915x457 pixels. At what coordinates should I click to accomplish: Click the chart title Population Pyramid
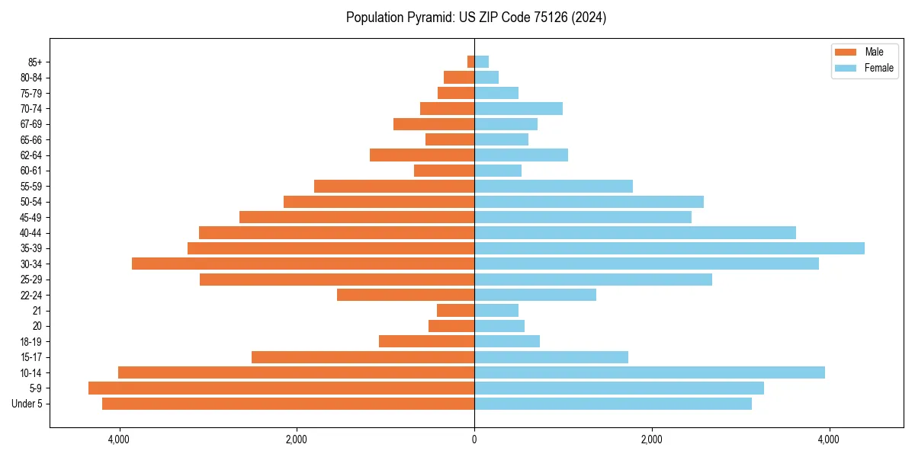coord(476,18)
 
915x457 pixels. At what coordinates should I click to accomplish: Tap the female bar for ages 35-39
coord(669,248)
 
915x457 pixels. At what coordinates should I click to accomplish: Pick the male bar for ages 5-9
coord(281,388)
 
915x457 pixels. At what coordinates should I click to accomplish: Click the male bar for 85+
coord(470,62)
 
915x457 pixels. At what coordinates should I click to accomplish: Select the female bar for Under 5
coord(612,404)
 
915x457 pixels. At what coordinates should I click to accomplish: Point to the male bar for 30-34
coord(303,264)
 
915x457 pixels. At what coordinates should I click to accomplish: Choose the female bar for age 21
coord(496,310)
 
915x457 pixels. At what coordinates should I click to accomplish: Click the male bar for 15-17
coord(363,357)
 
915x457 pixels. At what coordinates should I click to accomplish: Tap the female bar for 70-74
coord(518,109)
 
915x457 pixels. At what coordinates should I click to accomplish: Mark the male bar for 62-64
coord(422,155)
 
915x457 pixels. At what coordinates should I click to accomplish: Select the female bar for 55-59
coord(553,187)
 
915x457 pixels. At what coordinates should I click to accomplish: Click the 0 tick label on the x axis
coord(474,439)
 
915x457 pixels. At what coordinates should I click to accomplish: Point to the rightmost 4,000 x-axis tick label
coord(829,439)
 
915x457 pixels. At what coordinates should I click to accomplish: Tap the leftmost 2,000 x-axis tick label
coord(296,439)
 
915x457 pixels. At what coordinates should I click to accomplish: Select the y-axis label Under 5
coord(27,404)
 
